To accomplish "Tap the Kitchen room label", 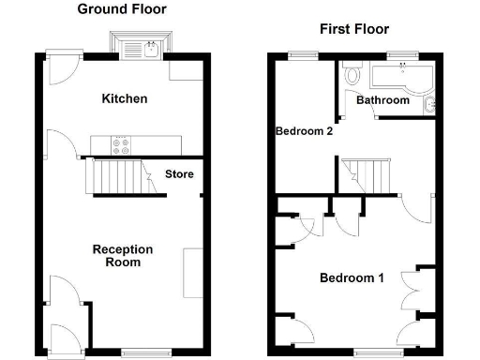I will (125, 98).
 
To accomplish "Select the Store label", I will (179, 173).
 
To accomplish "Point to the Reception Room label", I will (122, 256).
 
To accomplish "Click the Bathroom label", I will (382, 100).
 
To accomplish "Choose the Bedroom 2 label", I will (304, 131).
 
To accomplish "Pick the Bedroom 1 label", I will (352, 277).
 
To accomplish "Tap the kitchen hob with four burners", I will (122, 144).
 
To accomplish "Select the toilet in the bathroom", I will (352, 74).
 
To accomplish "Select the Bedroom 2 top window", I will (302, 54).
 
